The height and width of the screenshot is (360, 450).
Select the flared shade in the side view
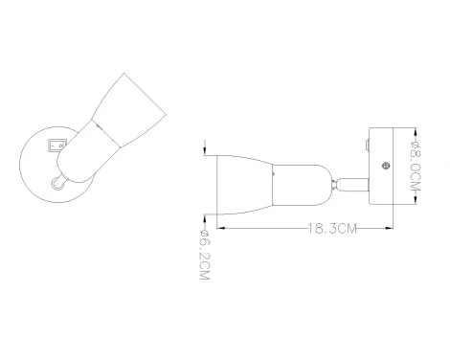coord(240,179)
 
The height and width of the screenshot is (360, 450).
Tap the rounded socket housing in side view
coord(299,179)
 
